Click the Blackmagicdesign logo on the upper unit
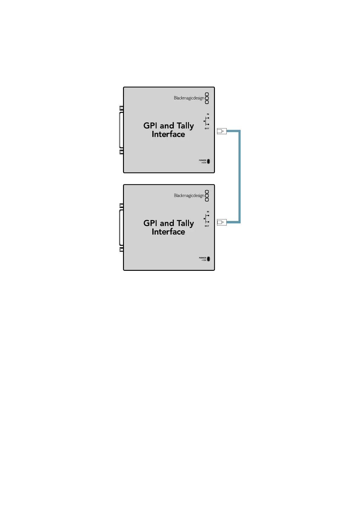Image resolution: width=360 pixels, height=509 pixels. (191, 98)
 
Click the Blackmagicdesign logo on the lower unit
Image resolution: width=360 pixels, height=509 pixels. (191, 196)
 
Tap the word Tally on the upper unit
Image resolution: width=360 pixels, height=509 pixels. (185, 126)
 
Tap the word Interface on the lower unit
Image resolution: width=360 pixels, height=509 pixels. (168, 232)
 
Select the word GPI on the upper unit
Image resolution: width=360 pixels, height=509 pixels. (150, 126)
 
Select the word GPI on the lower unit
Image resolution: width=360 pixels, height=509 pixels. (150, 223)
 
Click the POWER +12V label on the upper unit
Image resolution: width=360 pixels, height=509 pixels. (203, 161)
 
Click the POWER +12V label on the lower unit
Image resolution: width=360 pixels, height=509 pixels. (203, 259)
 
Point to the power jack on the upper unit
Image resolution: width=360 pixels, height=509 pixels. (208, 161)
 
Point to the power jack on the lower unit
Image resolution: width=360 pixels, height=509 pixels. (208, 259)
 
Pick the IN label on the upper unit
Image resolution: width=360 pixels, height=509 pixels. (208, 114)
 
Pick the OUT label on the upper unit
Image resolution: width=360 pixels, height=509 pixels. (207, 128)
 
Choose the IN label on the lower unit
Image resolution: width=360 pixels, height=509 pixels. (208, 212)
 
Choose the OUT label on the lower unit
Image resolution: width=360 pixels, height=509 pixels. (207, 226)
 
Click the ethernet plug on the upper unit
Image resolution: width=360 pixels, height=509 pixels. (222, 131)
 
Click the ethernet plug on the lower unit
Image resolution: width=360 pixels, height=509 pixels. (222, 222)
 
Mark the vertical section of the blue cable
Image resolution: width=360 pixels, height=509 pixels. (239, 177)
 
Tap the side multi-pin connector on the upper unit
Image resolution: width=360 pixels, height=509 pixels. (121, 130)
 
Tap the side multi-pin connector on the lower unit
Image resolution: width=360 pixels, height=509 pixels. (121, 228)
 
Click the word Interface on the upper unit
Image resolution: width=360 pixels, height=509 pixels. (168, 134)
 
